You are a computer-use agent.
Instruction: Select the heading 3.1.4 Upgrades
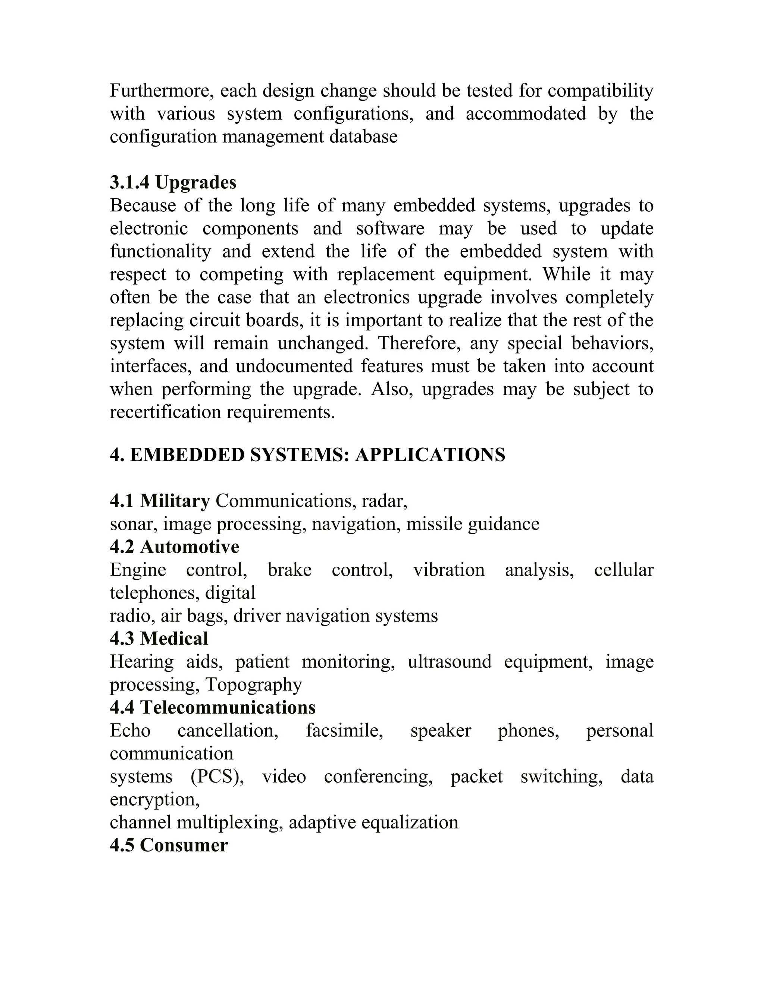coord(173,183)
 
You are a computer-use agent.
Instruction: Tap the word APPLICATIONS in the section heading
coord(430,455)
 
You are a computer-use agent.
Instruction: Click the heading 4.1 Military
coord(160,501)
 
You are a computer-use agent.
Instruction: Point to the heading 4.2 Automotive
coord(174,547)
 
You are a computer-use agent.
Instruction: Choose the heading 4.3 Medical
coord(159,639)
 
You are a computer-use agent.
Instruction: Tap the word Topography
coord(253,685)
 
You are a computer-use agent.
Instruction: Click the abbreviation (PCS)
coord(217,776)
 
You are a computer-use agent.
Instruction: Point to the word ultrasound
coord(449,662)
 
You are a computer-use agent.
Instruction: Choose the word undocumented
coord(294,366)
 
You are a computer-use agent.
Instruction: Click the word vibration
coord(448,570)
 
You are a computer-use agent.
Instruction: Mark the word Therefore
coord(419,343)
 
